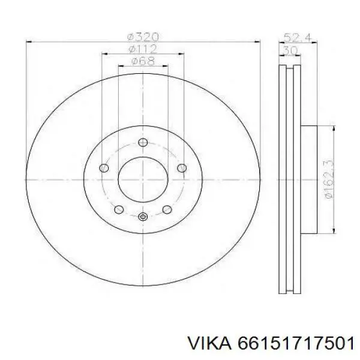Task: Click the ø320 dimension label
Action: (x=143, y=37)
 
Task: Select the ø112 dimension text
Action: (x=143, y=49)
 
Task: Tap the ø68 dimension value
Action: (x=143, y=61)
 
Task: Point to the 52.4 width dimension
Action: (x=298, y=37)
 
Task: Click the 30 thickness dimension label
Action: (x=290, y=50)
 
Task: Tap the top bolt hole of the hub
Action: (x=143, y=142)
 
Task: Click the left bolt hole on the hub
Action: (x=104, y=168)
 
